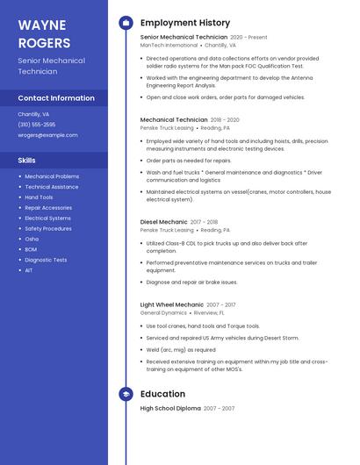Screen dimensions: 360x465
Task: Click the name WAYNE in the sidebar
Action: [42, 25]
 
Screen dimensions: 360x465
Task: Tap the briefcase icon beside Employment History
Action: [126, 23]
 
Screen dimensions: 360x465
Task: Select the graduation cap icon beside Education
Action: [126, 394]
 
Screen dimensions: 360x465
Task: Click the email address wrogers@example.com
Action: [47, 135]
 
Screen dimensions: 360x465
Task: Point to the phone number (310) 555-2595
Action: [37, 125]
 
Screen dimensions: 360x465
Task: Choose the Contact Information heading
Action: [56, 98]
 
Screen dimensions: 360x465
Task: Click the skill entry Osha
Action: [32, 239]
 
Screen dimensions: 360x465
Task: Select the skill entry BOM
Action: [32, 249]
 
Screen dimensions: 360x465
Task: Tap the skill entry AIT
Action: [29, 270]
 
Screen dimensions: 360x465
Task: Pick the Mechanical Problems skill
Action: [52, 176]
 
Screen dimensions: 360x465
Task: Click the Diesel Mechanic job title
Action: [163, 222]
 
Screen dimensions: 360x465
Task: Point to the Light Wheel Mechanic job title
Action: [171, 304]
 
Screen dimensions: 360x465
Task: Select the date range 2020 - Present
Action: [248, 38]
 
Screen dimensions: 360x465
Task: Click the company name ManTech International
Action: [169, 45]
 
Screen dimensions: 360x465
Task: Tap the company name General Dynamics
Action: [163, 312]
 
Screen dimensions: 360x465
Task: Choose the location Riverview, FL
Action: [209, 312]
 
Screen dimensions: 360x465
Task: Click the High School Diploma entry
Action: [170, 409]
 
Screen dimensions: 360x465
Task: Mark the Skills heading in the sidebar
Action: [27, 161]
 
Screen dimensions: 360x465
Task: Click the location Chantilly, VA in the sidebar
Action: [33, 114]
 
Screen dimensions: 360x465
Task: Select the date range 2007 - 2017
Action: [220, 304]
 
